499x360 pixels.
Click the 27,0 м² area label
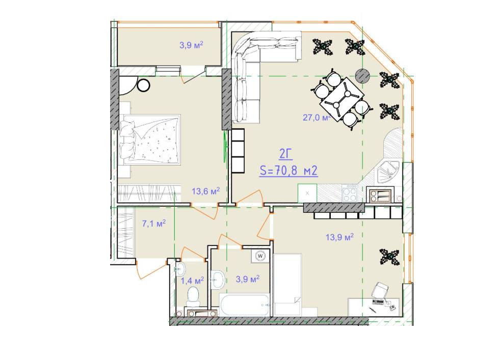pyautogui.click(x=317, y=118)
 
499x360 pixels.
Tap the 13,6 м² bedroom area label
pyautogui.click(x=205, y=191)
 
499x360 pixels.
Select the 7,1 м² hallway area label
pyautogui.click(x=154, y=224)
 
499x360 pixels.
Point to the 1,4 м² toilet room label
pyautogui.click(x=192, y=281)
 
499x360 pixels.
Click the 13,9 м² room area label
pyautogui.click(x=339, y=237)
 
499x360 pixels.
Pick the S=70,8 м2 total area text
pyautogui.click(x=288, y=172)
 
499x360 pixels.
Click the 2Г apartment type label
pyautogui.click(x=286, y=155)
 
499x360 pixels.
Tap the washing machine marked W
pyautogui.click(x=260, y=256)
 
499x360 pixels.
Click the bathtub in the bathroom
pyautogui.click(x=245, y=304)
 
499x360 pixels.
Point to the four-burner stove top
pyautogui.click(x=350, y=193)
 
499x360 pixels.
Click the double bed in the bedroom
pyautogui.click(x=150, y=140)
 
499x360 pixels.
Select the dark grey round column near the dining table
pyautogui.click(x=362, y=75)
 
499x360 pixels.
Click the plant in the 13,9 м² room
pyautogui.click(x=389, y=257)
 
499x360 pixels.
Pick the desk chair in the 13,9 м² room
pyautogui.click(x=380, y=290)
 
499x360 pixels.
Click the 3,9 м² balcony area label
pyautogui.click(x=191, y=45)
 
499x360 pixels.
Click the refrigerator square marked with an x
pyautogui.click(x=307, y=193)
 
